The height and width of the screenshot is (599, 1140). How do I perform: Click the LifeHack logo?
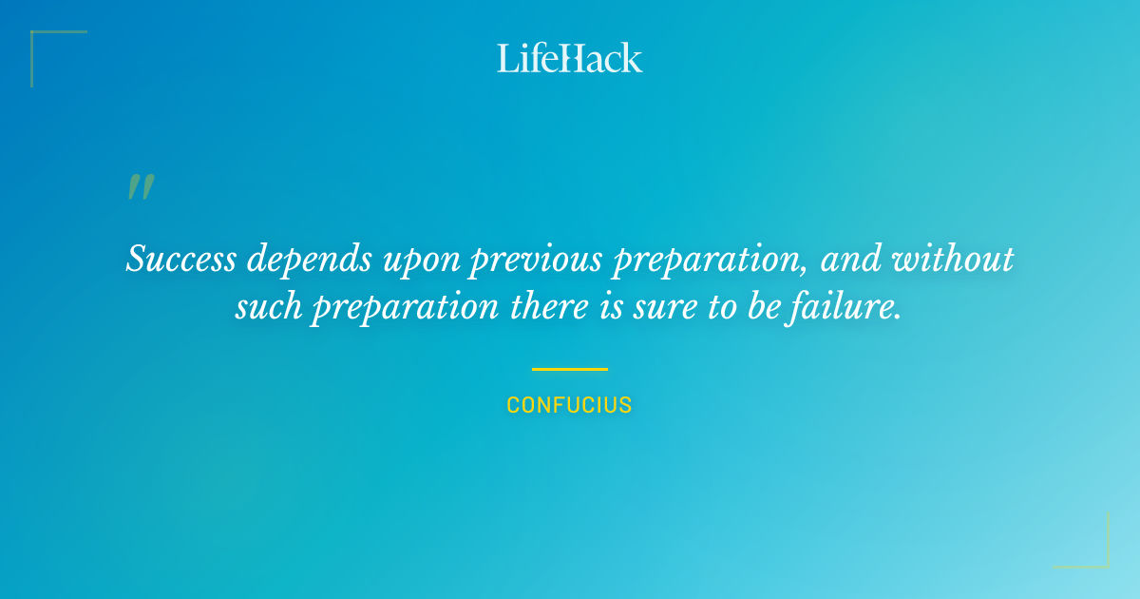click(x=570, y=58)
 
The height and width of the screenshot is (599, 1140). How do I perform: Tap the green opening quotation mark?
click(x=141, y=187)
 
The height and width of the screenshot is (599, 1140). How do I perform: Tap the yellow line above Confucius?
click(x=570, y=369)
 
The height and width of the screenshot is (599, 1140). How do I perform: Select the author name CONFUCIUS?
click(x=570, y=405)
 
